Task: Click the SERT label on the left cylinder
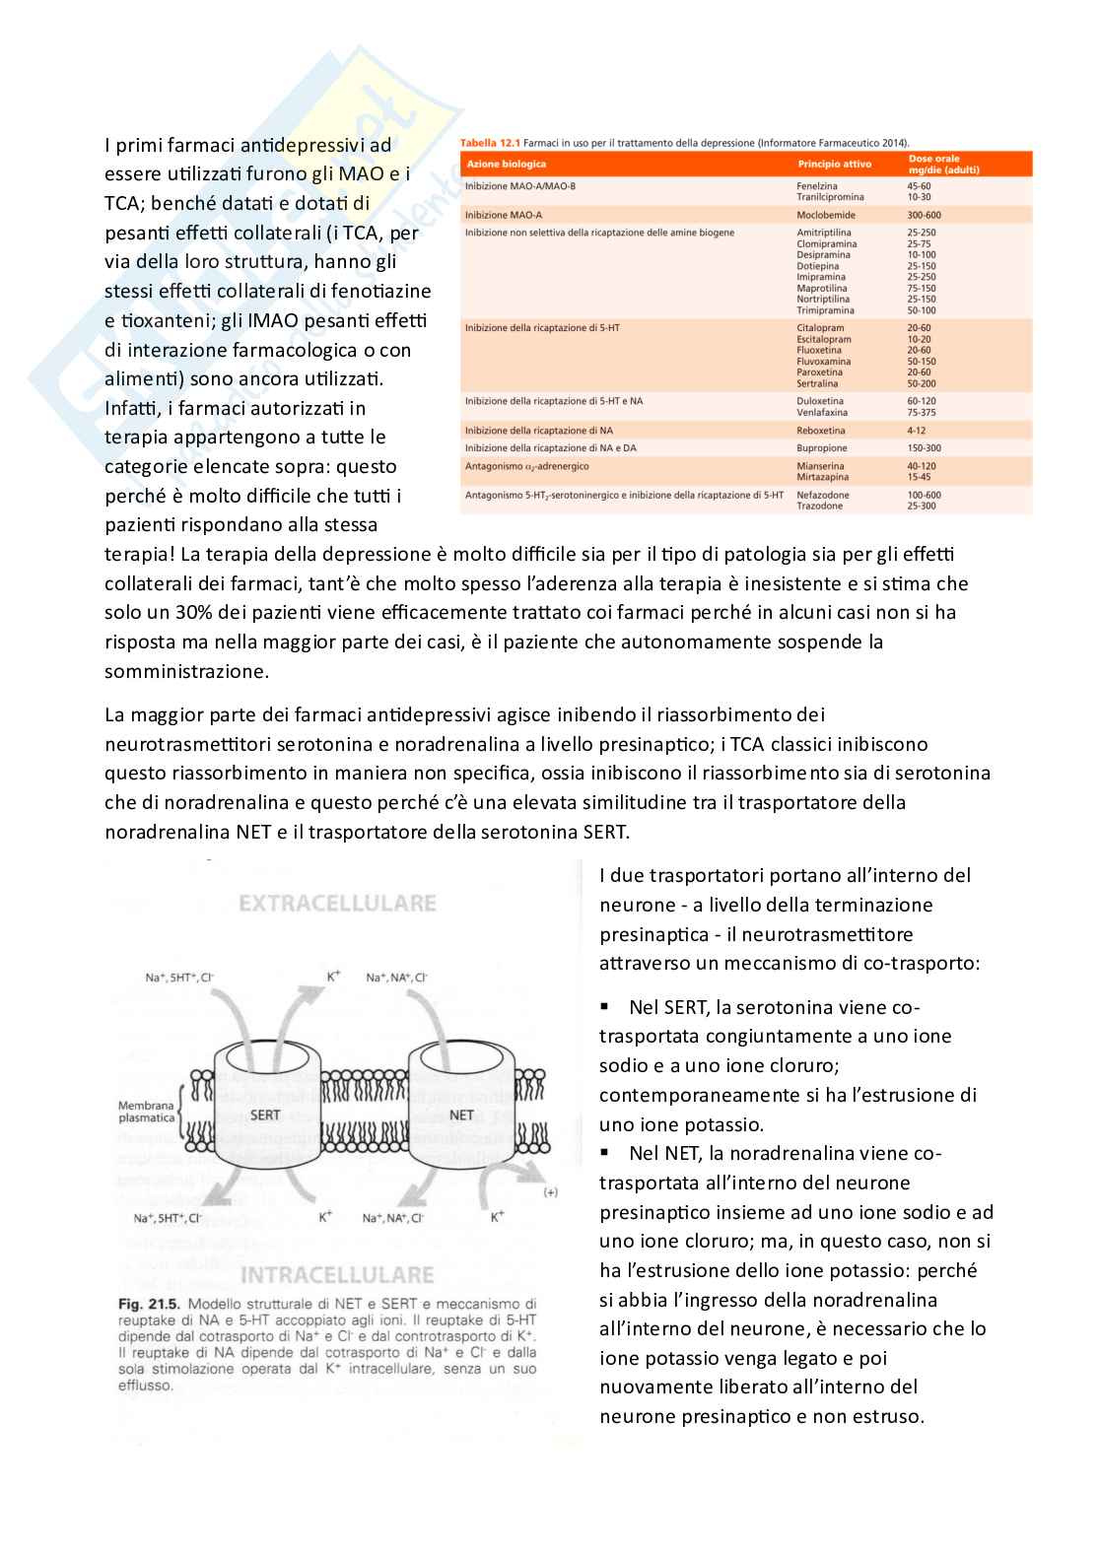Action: [x=265, y=1115]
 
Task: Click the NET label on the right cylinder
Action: [x=461, y=1115]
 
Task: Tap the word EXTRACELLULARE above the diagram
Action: [x=337, y=904]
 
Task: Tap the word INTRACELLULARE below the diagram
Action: [x=337, y=1275]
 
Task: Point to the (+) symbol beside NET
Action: [x=550, y=1192]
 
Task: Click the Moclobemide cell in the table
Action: [x=825, y=215]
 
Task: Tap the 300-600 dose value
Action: [x=924, y=215]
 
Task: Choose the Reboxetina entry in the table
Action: [x=821, y=431]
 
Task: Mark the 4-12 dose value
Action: [x=917, y=431]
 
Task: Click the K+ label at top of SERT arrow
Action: [x=334, y=977]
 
